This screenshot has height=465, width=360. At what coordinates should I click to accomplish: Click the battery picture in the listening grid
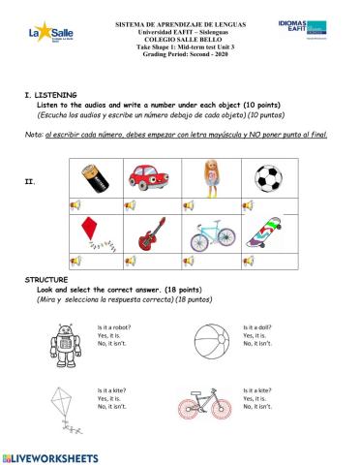103,177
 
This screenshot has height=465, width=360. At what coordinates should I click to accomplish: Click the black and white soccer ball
268,177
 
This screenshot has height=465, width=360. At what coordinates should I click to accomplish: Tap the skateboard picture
267,235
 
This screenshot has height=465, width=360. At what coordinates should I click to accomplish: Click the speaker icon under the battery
75,205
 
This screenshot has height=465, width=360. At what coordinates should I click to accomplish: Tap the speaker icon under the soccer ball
247,205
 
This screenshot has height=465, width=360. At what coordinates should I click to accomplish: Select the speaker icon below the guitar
132,262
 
